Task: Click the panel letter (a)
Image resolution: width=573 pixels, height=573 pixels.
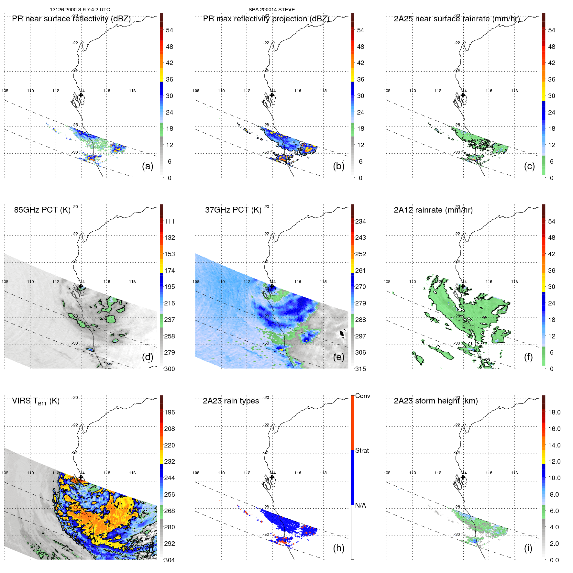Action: point(148,166)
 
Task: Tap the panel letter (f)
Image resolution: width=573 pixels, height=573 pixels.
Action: point(528,357)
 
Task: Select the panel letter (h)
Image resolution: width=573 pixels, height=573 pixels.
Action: point(338,548)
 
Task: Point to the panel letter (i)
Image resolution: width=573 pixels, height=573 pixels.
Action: point(528,548)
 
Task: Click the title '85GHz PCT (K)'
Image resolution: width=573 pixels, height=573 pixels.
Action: point(42,210)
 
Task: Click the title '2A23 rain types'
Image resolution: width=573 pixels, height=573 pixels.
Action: point(231,401)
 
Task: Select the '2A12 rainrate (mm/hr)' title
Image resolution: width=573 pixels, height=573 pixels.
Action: point(433,210)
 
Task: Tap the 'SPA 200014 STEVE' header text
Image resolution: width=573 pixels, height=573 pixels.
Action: point(271,10)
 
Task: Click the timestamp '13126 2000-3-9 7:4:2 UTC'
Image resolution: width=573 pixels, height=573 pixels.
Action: point(80,10)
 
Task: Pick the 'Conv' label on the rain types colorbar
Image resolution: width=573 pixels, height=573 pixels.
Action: point(362,396)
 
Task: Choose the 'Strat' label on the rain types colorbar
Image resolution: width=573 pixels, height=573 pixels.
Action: point(362,451)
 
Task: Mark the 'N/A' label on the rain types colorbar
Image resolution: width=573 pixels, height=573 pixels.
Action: point(360,505)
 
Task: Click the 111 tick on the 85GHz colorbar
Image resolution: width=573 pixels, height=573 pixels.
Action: point(170,222)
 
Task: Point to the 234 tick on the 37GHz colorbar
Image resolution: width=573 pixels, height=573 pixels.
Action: point(360,222)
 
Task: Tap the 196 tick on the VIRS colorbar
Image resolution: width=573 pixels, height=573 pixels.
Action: point(170,413)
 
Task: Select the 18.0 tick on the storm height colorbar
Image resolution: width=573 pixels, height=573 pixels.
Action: point(554,413)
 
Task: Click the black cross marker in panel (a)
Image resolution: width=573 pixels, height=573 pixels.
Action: point(81,95)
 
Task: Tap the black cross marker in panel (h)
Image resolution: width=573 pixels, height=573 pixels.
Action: point(272,477)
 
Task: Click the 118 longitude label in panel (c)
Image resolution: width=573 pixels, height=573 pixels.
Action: point(514,91)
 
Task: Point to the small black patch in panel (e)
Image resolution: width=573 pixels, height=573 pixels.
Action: point(342,334)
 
